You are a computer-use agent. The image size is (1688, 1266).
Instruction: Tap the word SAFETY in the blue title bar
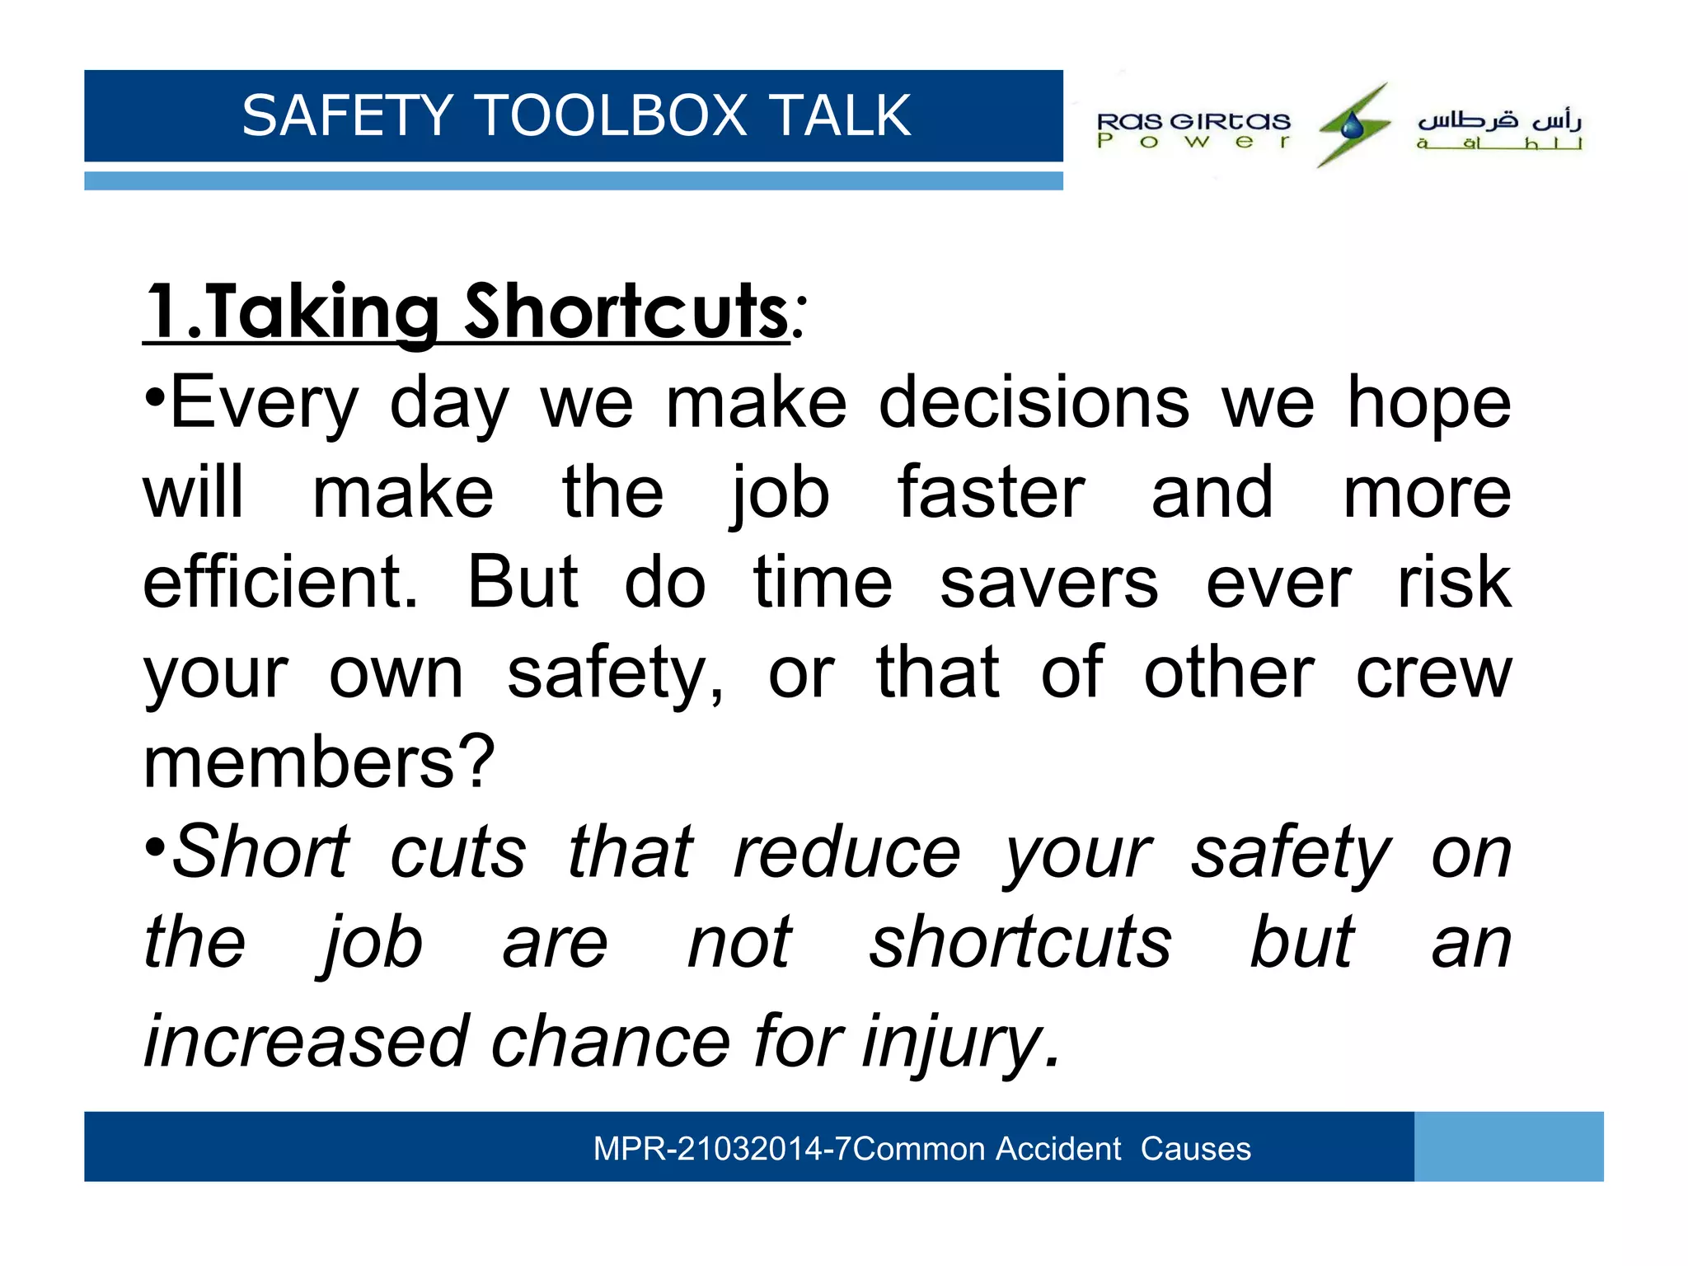(x=348, y=115)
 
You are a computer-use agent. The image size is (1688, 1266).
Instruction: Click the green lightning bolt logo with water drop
(x=1353, y=125)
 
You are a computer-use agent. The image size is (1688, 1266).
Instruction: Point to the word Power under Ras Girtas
(x=1193, y=142)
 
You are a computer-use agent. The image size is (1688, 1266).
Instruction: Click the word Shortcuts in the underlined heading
(x=626, y=312)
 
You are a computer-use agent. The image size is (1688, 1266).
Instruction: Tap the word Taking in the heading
(x=321, y=312)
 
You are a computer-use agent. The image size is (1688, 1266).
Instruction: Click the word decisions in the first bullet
(x=1034, y=403)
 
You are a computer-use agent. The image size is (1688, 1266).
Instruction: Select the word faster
(x=992, y=493)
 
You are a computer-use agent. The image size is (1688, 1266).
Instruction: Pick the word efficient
(x=280, y=583)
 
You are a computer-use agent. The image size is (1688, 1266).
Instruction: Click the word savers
(x=1049, y=583)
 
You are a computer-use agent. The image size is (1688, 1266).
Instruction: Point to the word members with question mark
(x=318, y=762)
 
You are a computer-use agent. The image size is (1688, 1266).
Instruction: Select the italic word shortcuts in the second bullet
(x=1020, y=942)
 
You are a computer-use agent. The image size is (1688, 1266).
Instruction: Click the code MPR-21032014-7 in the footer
(x=722, y=1149)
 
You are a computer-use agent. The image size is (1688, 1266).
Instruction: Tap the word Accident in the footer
(x=1058, y=1149)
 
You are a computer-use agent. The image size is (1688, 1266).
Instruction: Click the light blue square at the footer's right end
(x=1508, y=1146)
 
